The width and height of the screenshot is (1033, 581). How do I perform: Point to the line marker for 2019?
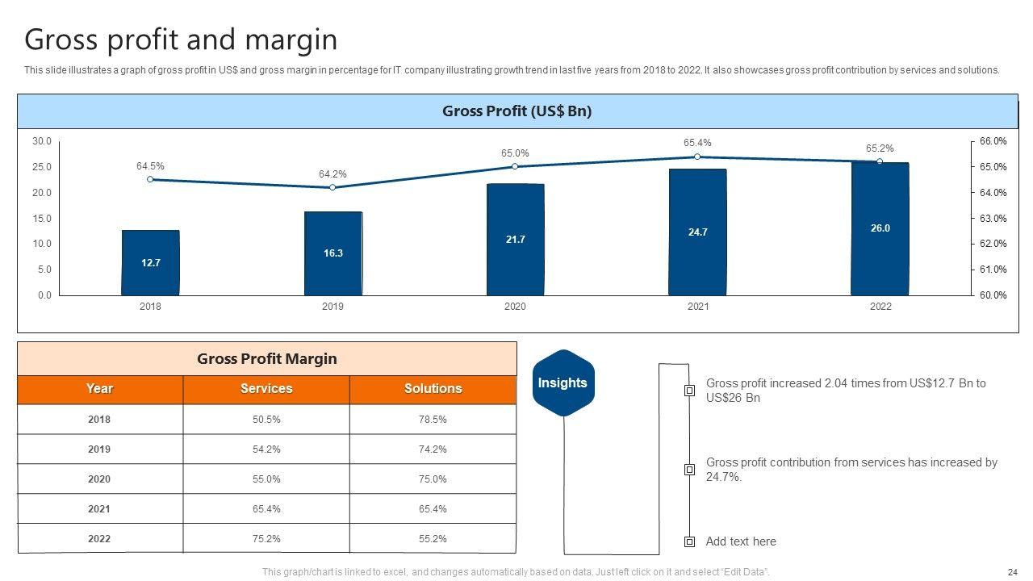(x=332, y=187)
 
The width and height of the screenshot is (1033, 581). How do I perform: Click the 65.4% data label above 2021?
(x=697, y=143)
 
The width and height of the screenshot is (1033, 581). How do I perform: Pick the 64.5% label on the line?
(x=150, y=166)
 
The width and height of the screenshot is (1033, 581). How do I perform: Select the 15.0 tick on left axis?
(x=41, y=219)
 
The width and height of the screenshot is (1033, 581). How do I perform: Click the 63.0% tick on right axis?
(x=993, y=219)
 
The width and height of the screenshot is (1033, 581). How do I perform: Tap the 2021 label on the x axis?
(x=697, y=307)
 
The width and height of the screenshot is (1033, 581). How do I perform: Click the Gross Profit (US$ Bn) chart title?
(x=516, y=111)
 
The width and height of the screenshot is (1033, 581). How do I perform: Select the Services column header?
(x=266, y=389)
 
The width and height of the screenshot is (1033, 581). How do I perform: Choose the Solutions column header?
(x=433, y=389)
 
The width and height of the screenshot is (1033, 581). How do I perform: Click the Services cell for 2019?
(x=266, y=449)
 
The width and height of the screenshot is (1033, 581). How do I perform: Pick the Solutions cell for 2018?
(x=433, y=420)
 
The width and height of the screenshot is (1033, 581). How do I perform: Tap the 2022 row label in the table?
(x=99, y=539)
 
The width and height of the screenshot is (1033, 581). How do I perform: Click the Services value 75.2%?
(x=266, y=539)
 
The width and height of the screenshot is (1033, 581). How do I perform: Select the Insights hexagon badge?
(x=563, y=383)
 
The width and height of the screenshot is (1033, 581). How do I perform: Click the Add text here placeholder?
(x=741, y=541)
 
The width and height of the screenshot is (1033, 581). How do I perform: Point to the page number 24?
(x=1012, y=571)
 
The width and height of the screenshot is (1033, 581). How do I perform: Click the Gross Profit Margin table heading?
(x=266, y=359)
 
